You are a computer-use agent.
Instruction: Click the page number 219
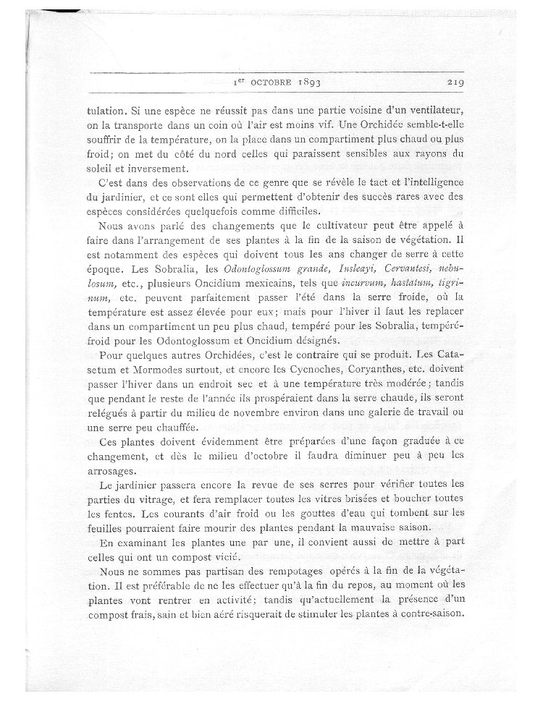coord(458,82)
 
